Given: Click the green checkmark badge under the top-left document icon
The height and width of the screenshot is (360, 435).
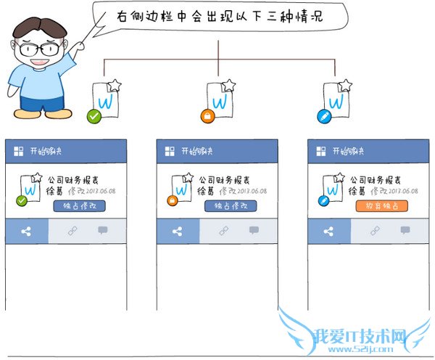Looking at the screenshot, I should coord(93,116).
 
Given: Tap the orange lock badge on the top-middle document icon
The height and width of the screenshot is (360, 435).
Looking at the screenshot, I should coord(207,116).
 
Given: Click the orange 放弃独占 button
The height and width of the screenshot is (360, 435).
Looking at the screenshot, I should coord(381,206).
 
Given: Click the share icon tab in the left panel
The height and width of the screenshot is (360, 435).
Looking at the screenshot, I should coord(27,232).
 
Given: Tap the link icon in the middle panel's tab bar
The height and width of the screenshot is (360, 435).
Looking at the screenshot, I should coord(224,231).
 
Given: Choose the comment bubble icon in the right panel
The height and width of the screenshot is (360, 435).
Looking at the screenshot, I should coord(405,231).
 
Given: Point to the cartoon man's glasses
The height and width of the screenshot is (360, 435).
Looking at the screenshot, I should coord(39,49).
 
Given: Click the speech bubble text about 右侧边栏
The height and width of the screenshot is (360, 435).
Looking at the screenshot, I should coord(217,15).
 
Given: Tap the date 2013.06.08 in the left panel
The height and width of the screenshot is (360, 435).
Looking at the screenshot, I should coord(101,192).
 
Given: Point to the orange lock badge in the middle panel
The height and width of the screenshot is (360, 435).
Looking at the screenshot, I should coord(172,201).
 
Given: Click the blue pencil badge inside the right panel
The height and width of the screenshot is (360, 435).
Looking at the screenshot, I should coord(323,201).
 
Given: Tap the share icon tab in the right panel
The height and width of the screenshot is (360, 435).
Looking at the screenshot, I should coord(329,232).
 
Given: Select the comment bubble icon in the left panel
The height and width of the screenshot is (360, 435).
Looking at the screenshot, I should coord(103,231).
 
